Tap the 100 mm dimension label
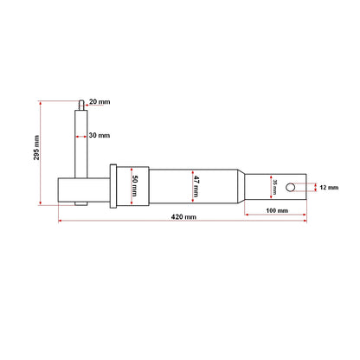[277, 211]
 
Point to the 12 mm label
[329, 187]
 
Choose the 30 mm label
[100, 135]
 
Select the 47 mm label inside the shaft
[197, 184]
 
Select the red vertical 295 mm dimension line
[40, 153]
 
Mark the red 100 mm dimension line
[276, 204]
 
